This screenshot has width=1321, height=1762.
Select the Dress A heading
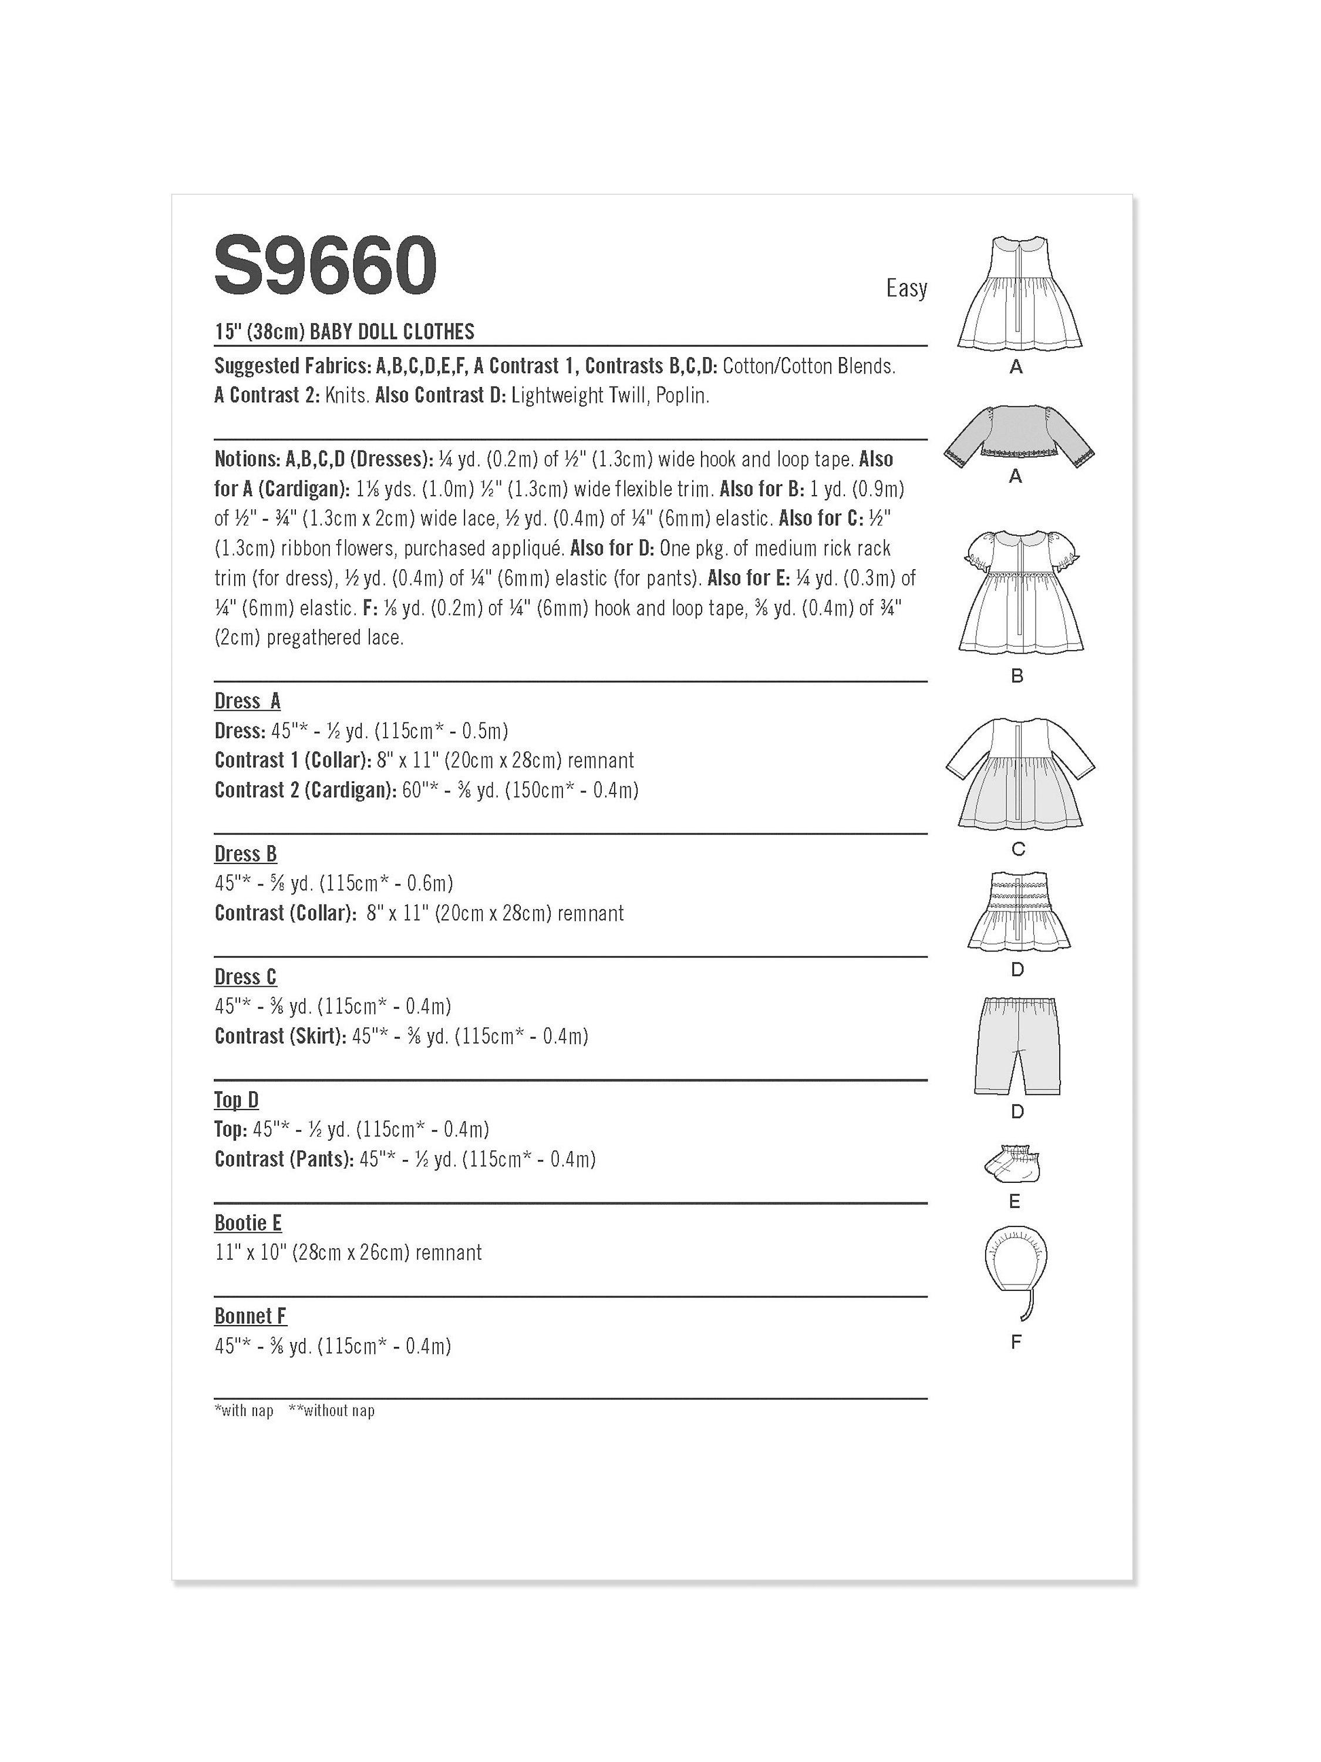248,701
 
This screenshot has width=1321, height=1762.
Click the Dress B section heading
245,854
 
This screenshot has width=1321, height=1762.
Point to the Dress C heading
245,977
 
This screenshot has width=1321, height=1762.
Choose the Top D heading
237,1100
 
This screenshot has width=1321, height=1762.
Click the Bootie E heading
248,1223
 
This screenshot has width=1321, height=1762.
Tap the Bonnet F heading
250,1316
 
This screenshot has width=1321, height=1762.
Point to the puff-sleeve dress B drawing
1017,593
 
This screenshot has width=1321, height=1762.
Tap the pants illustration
1017,1044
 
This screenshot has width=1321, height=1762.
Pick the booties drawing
1013,1167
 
